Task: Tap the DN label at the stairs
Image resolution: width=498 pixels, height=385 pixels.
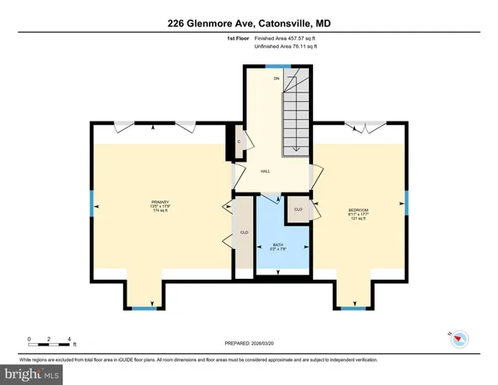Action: click(x=276, y=79)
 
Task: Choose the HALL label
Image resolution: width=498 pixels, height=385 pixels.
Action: click(x=265, y=171)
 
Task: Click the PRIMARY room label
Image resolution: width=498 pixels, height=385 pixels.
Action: click(x=149, y=202)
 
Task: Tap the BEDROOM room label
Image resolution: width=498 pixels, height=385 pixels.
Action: click(x=358, y=210)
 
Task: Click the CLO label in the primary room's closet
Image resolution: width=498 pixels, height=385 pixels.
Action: click(x=244, y=231)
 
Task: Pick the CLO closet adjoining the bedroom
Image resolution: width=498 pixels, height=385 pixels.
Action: click(x=298, y=209)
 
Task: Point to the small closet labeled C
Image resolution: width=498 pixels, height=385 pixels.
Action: click(x=240, y=142)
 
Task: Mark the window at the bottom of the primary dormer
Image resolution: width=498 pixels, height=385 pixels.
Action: click(x=145, y=307)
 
